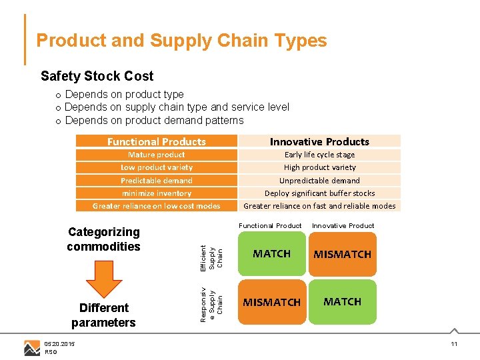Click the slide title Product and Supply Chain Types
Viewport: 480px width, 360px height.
(181, 41)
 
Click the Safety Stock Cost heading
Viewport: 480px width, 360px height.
(97, 76)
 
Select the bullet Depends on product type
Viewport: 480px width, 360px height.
(124, 95)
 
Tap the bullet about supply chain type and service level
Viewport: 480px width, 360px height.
(177, 107)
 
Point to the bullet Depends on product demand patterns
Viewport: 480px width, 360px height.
(154, 121)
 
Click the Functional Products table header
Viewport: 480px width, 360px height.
(157, 141)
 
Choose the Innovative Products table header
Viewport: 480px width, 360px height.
(319, 141)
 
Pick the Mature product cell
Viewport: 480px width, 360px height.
(157, 155)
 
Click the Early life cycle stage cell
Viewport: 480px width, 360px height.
(319, 155)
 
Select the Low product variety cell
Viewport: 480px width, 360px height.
(157, 167)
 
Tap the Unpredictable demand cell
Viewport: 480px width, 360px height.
(319, 181)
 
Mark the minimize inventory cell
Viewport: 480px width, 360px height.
(157, 193)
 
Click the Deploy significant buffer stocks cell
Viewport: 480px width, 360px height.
(319, 193)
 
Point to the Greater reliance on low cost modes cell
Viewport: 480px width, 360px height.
(157, 206)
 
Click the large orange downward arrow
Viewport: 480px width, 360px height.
(104, 278)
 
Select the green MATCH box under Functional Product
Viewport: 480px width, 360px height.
(271, 254)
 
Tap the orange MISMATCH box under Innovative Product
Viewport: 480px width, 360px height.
(343, 254)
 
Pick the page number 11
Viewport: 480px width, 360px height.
(454, 344)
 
